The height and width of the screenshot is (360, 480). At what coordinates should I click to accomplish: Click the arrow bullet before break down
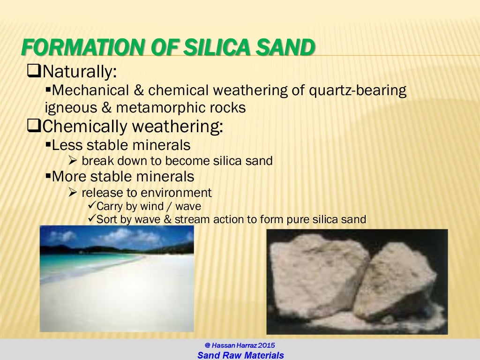[x=73, y=161]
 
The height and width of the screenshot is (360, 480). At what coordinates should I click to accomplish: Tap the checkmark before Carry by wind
[x=92, y=206]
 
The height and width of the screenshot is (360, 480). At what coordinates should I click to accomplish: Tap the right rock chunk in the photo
[x=396, y=281]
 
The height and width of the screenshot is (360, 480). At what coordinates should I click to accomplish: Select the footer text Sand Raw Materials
[x=240, y=355]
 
